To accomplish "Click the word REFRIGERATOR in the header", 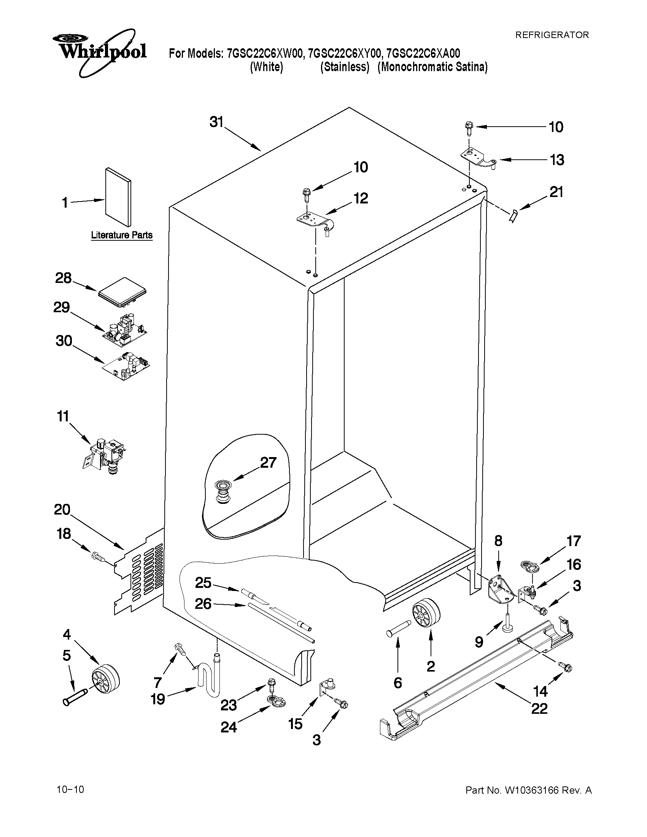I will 552,35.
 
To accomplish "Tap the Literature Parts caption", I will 121,235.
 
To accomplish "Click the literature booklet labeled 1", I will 118,196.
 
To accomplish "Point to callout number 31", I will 216,122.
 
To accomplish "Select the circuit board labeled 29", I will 125,330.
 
